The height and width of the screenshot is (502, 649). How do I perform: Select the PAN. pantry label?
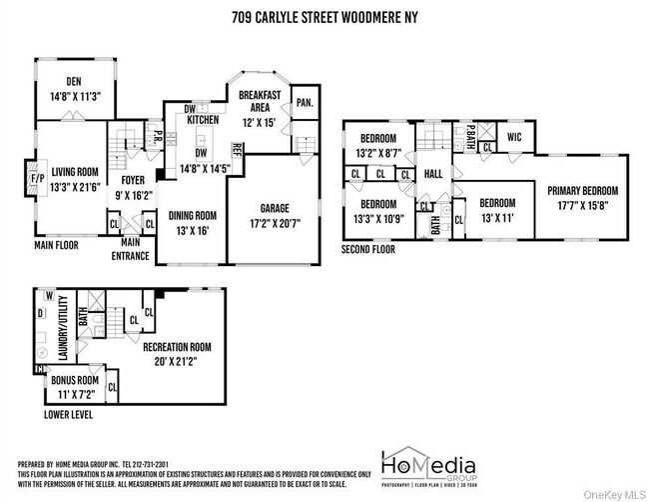[306, 102]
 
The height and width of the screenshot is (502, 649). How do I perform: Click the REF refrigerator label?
[237, 151]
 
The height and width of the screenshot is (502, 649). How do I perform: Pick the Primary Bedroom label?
[582, 191]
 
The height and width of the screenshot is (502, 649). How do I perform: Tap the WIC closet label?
[514, 137]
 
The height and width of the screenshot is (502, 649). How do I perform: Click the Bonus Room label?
[75, 381]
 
